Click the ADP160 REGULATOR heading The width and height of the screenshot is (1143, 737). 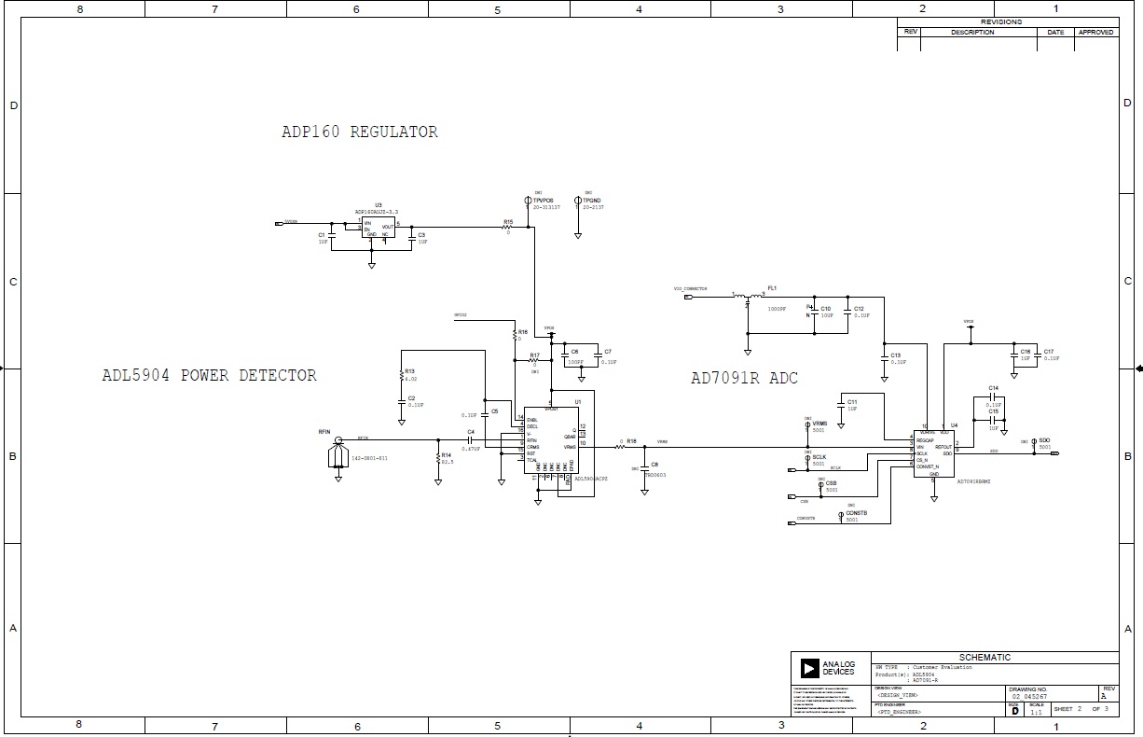(360, 132)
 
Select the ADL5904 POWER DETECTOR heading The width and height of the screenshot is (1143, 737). (209, 376)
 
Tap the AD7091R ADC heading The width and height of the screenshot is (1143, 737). (744, 378)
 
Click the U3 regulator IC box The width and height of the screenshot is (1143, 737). (378, 229)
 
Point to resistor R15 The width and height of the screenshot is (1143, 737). (508, 227)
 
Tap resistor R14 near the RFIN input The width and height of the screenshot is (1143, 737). (438, 458)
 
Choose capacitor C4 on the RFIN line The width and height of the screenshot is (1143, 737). (472, 439)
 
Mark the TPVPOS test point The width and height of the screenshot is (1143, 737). (529, 201)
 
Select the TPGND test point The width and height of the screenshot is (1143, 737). (579, 201)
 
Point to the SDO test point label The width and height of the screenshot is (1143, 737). (1044, 439)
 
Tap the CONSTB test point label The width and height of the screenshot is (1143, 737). (856, 513)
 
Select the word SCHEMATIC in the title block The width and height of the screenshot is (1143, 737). (985, 658)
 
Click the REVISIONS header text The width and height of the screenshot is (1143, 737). (1001, 21)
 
